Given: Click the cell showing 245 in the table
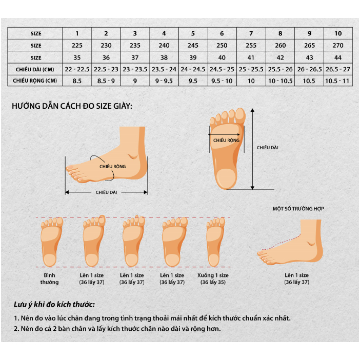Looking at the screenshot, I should point(193,45).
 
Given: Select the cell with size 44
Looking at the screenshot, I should point(337,57).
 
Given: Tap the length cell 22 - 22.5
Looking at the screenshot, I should point(77,69).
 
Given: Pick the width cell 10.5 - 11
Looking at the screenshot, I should point(337,81).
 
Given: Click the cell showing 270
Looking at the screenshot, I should point(337,45).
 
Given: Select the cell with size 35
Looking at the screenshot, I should point(77,57).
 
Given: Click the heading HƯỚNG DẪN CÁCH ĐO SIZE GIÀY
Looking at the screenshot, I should point(72,106).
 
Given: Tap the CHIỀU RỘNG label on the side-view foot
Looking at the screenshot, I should point(112,166).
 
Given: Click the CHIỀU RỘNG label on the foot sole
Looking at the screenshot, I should point(226,139).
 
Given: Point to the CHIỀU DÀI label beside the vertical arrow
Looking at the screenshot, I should point(268,148).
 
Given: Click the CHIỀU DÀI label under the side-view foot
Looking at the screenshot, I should point(107,192).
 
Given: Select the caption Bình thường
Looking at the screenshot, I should point(50,278).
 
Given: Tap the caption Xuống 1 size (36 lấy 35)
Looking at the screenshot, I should point(213,278).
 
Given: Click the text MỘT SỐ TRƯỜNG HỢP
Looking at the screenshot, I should point(298,209).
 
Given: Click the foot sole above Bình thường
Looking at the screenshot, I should point(50,242).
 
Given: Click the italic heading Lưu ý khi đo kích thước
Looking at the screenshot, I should point(54,305).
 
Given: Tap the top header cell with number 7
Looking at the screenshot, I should point(251,33).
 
